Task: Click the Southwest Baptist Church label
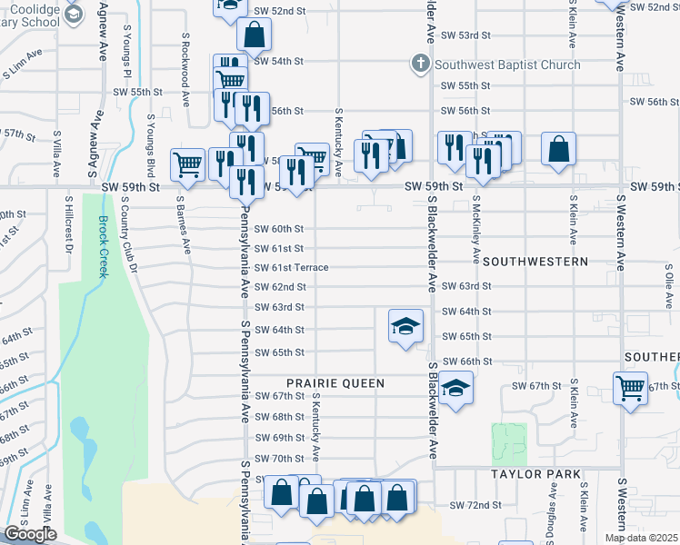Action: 507,64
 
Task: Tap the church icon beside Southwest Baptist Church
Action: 419,64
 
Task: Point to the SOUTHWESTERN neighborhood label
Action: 535,261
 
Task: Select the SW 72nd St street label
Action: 476,504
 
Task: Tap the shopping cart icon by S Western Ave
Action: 630,389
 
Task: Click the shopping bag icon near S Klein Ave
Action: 559,148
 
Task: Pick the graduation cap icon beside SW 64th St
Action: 405,326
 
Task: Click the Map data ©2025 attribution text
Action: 641,538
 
